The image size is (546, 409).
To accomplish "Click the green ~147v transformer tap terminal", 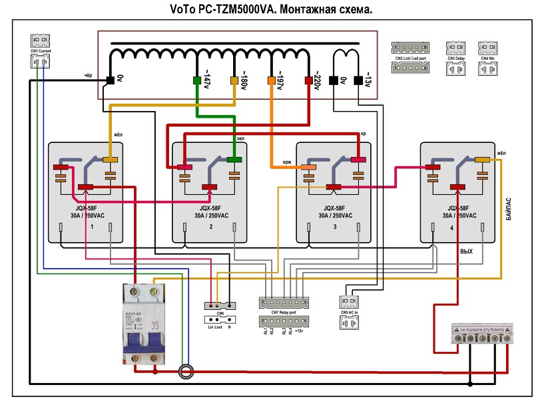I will (x=197, y=81).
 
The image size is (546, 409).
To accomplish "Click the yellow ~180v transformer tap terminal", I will (x=234, y=81).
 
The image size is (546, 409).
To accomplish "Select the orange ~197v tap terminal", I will (x=271, y=81).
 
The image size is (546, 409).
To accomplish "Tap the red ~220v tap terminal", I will (x=308, y=81).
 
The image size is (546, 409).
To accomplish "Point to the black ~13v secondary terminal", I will (x=358, y=81).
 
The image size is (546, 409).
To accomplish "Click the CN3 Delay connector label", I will (x=455, y=59).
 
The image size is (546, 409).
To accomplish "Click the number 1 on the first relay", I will (x=91, y=227).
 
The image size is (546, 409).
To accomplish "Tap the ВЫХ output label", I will (x=466, y=252).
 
